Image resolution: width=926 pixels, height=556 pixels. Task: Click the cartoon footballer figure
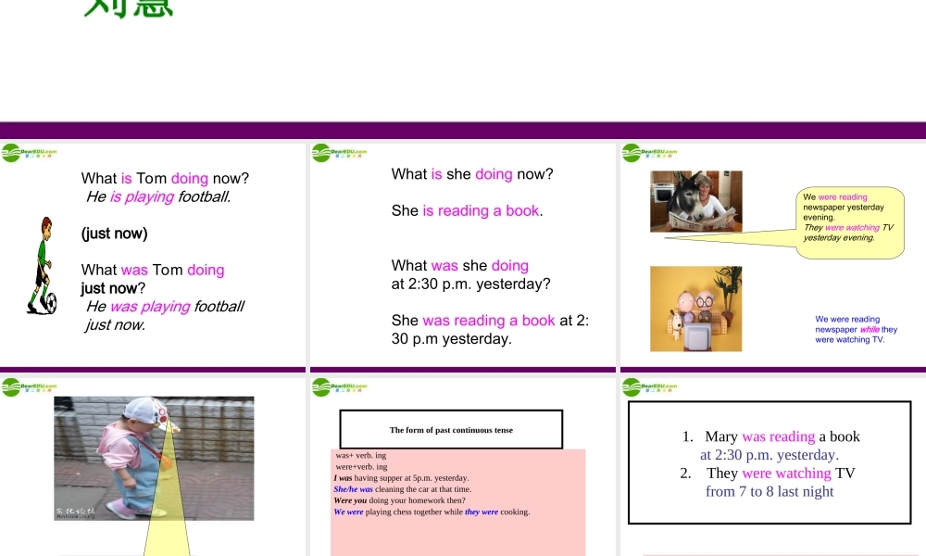point(42,264)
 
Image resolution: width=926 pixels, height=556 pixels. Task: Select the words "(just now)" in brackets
point(114,234)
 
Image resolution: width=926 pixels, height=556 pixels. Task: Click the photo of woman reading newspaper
point(696,201)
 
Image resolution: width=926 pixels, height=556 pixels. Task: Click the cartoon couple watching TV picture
point(695,309)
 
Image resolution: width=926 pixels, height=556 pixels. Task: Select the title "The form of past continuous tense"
point(451,430)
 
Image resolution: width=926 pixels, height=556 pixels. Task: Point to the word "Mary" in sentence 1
point(720,436)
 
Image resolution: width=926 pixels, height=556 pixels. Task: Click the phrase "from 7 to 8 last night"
point(770,491)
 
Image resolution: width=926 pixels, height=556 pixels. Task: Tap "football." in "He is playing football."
point(205,196)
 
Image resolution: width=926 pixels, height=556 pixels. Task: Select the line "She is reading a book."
point(467,210)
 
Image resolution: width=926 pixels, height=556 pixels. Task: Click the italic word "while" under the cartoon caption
point(870,329)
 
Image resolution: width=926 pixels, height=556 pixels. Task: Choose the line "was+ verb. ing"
point(361,456)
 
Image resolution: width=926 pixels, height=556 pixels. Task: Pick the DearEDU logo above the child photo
point(30,386)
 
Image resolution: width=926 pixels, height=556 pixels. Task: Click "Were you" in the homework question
point(350,500)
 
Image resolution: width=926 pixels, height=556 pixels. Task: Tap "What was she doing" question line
point(459,265)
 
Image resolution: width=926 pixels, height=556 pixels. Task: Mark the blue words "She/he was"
point(353,489)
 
